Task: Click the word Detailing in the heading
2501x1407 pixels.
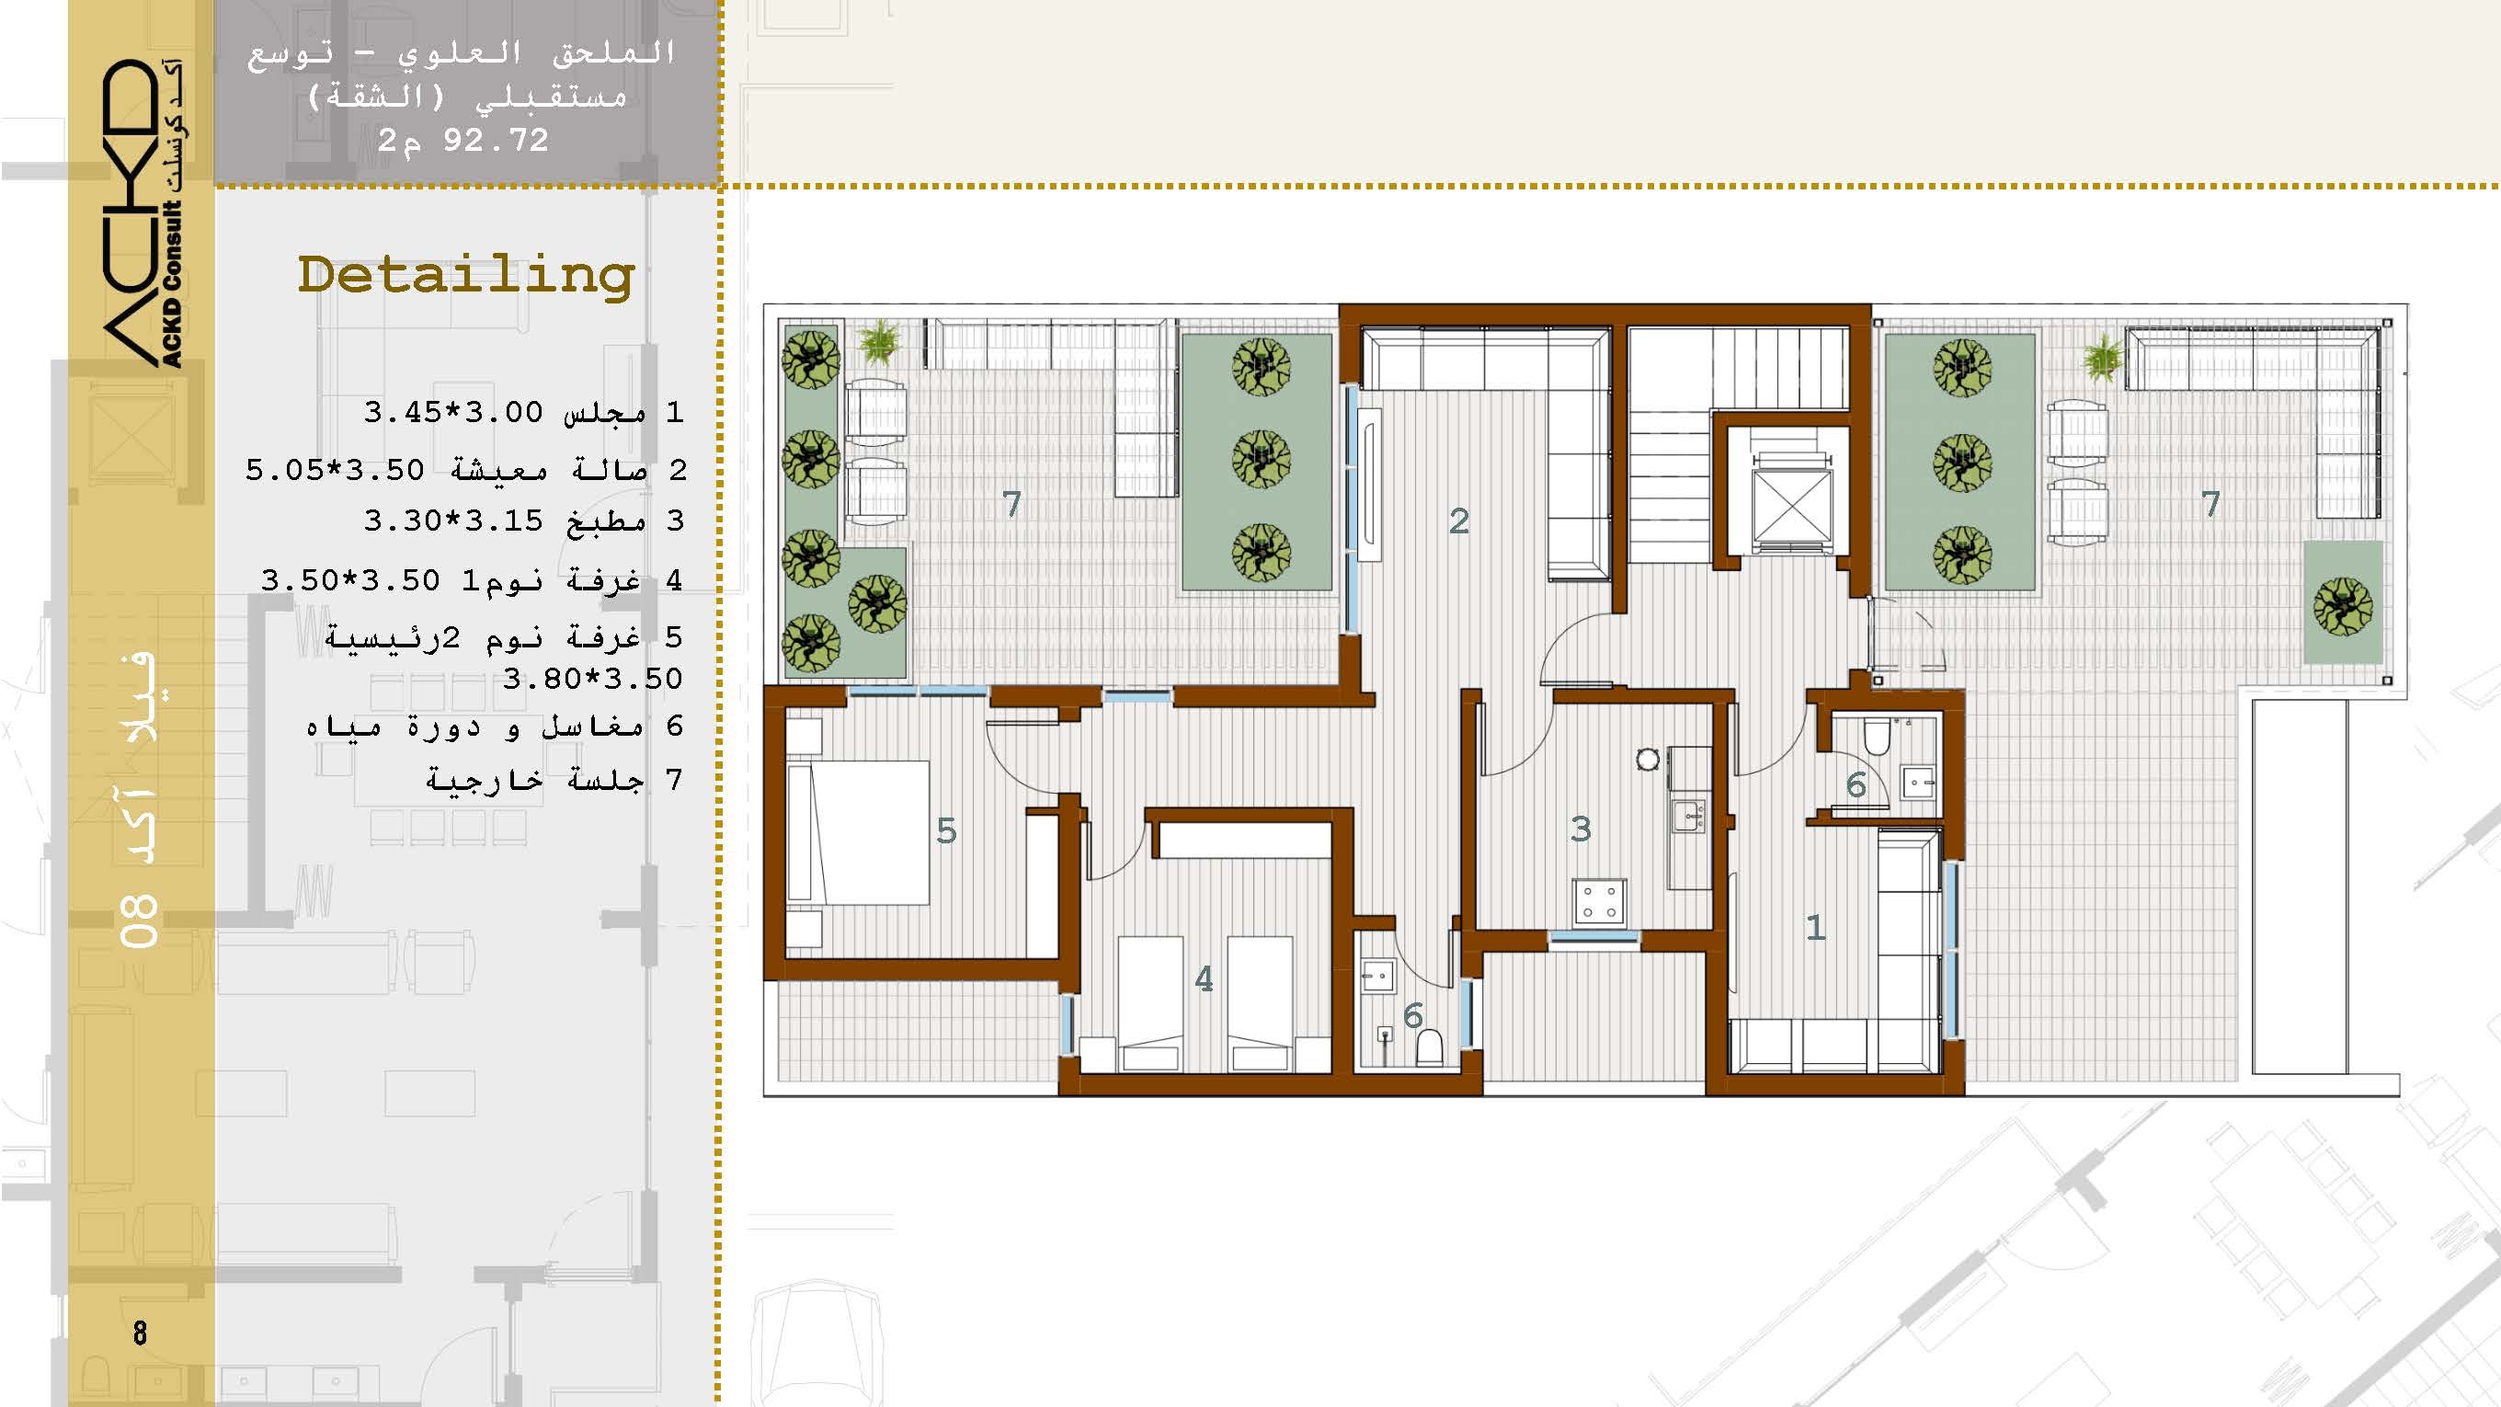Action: (466, 275)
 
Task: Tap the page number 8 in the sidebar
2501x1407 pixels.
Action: (140, 1333)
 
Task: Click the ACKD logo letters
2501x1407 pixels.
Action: (130, 212)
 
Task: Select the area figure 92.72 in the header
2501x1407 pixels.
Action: (497, 141)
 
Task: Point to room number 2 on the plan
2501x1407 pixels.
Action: (1458, 521)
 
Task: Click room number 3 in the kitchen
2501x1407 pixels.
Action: (1581, 829)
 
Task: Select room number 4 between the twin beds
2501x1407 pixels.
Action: (1204, 978)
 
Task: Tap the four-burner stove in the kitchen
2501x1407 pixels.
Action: (1599, 900)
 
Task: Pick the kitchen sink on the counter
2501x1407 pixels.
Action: (1688, 816)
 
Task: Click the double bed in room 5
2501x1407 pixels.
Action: (858, 833)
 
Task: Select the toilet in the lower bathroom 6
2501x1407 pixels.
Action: (1429, 1047)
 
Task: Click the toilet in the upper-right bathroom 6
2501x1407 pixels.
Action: (1877, 740)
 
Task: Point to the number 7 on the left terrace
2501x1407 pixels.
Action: (1011, 504)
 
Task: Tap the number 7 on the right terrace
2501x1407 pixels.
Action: (2210, 504)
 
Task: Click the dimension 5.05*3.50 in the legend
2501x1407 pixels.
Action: (335, 471)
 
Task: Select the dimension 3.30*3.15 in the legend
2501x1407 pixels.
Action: (453, 521)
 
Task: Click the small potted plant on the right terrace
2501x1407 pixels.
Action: (2102, 358)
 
